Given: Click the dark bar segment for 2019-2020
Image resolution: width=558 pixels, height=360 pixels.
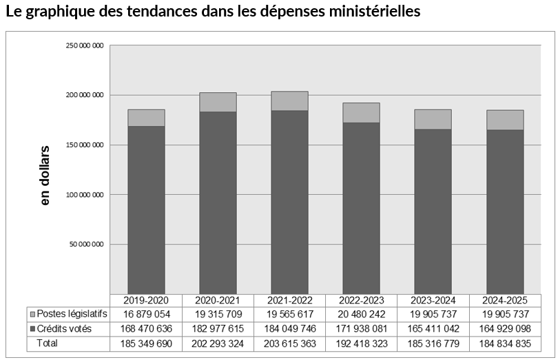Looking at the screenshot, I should pos(146,210).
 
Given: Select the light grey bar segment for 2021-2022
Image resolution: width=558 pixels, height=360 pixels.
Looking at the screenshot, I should pos(289,101).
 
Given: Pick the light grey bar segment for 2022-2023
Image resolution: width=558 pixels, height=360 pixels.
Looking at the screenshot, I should pos(361,113).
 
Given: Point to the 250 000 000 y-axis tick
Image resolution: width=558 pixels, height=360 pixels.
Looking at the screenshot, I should pos(85,45).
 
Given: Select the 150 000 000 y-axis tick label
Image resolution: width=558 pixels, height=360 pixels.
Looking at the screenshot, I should pos(85,145).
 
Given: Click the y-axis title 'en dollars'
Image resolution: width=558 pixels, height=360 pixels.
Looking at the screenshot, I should pos(45,175).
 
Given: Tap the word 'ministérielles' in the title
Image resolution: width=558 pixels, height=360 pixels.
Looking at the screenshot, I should pos(373,12).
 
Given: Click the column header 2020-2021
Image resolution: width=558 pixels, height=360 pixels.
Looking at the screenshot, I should pos(218,301).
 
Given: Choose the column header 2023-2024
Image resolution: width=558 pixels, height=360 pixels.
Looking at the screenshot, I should pos(433,301).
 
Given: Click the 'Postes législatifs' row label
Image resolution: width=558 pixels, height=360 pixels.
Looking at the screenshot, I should pos(72,315).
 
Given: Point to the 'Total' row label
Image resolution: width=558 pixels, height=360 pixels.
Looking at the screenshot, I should pos(48,342).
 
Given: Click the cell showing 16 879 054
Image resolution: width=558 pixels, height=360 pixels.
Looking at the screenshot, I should pos(146,315).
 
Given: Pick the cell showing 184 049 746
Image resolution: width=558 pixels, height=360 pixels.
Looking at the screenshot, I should pos(289,328).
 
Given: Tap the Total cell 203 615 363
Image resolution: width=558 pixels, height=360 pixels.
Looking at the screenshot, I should pos(289,342).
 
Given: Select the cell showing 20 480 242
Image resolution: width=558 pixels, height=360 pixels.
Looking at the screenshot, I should pos(361,315).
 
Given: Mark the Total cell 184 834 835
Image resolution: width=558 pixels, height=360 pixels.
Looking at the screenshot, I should pos(505,342).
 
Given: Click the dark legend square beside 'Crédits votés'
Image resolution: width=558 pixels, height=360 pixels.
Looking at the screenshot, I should pos(32,329).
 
